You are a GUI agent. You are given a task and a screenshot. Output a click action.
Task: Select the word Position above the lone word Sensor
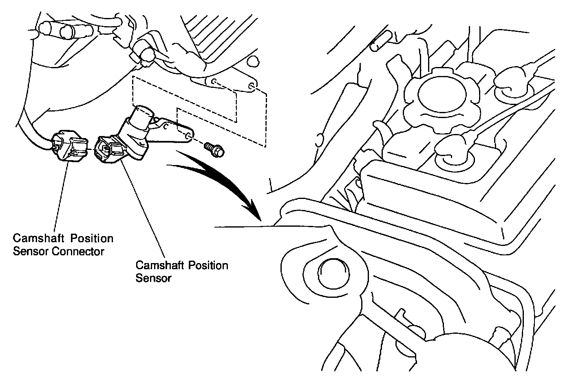tap(208, 266)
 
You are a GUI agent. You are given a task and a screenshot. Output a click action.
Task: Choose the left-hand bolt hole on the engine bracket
tap(214, 81)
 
